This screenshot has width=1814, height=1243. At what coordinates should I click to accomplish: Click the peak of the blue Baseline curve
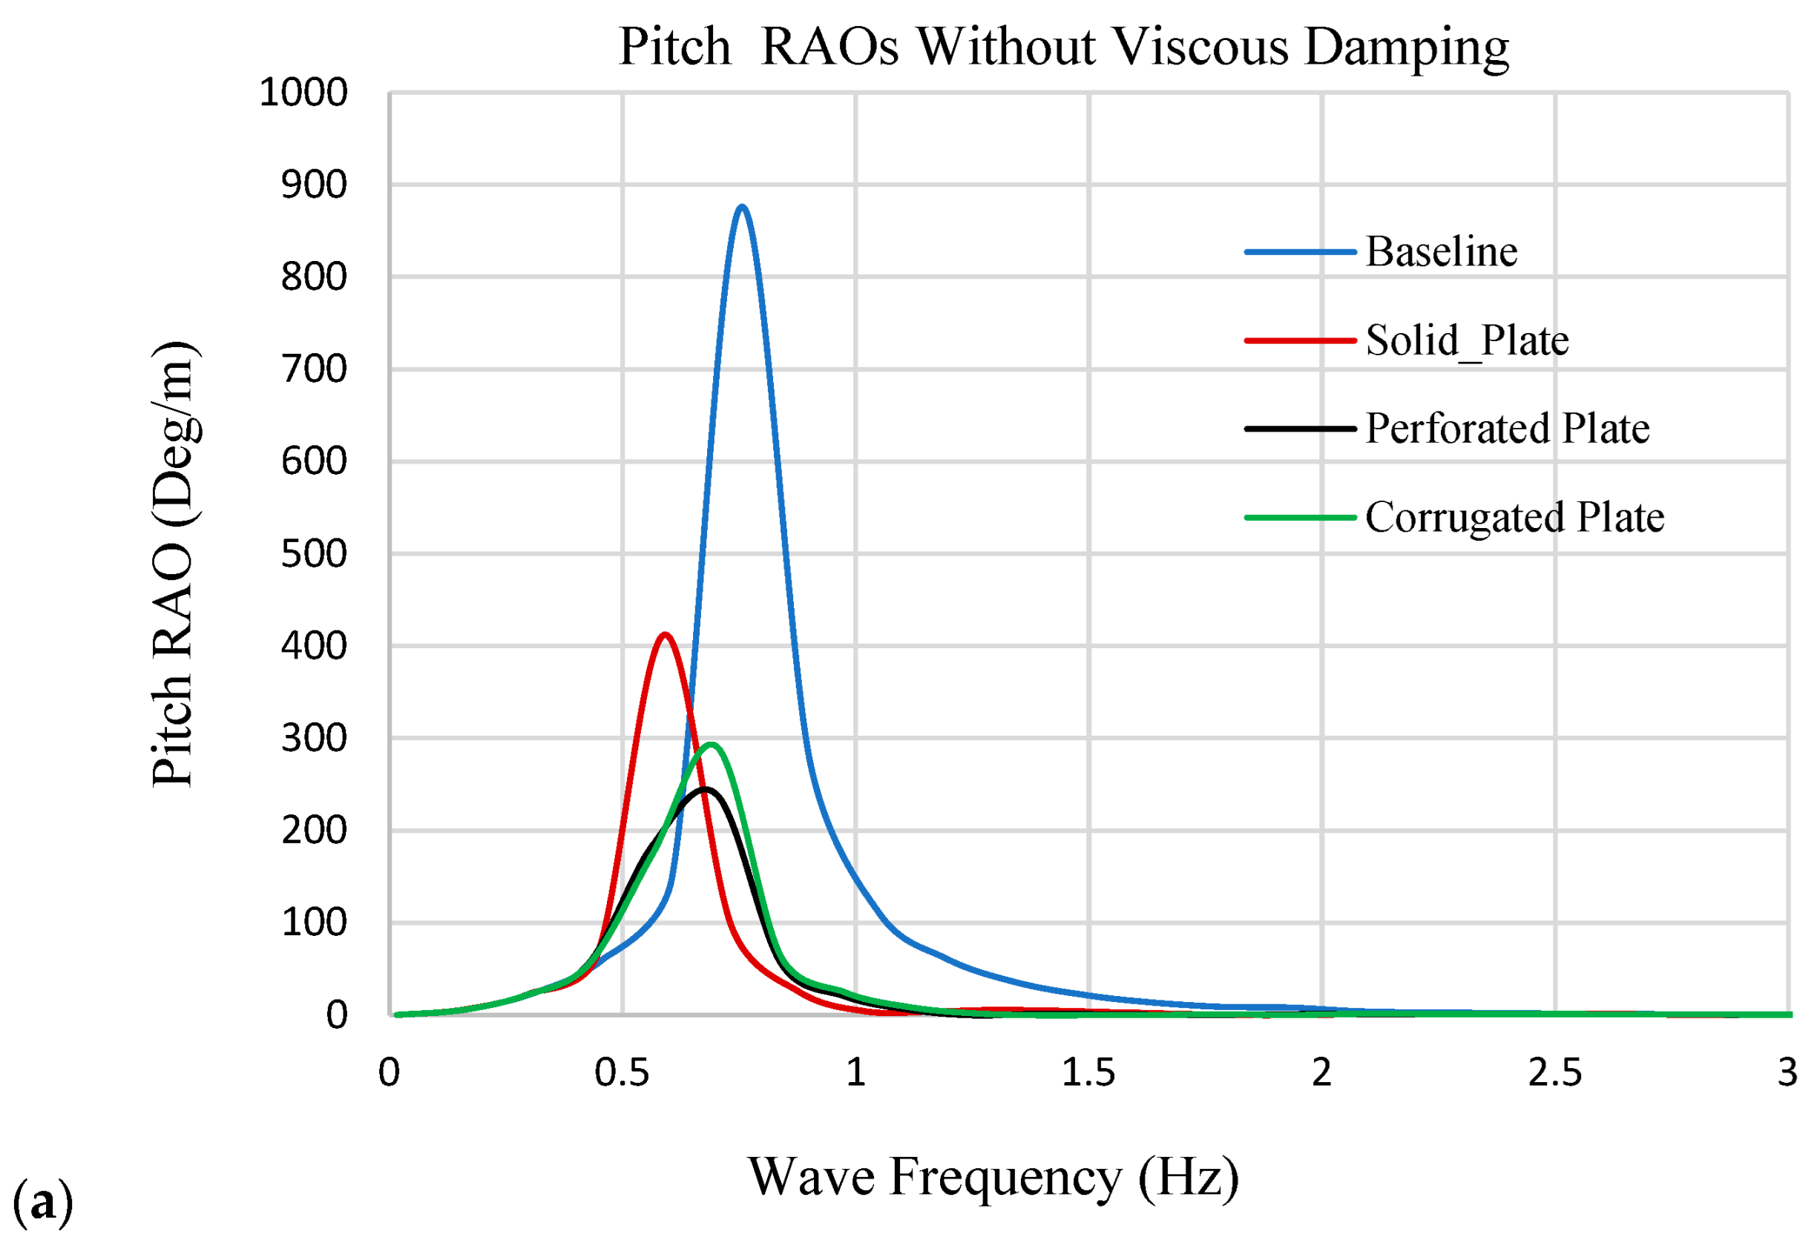[x=741, y=207]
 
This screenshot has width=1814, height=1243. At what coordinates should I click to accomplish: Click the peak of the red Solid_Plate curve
[x=664, y=634]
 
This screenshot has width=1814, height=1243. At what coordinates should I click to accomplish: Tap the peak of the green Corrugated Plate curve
[x=711, y=745]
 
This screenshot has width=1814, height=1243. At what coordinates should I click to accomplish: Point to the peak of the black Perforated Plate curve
[x=705, y=790]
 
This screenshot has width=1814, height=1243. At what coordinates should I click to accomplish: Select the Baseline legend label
[x=1441, y=252]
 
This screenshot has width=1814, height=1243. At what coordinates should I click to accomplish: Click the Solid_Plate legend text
[x=1467, y=340]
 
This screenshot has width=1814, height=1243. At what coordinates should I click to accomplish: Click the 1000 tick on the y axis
[x=303, y=93]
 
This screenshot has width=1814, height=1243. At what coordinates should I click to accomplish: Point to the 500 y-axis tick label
[x=314, y=554]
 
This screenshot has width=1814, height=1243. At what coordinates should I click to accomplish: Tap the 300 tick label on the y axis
[x=314, y=738]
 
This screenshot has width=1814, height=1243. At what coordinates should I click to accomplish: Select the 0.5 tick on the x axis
[x=622, y=1073]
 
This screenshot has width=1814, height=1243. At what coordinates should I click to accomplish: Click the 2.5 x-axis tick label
[x=1554, y=1073]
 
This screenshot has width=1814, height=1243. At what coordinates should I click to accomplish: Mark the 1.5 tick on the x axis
[x=1088, y=1073]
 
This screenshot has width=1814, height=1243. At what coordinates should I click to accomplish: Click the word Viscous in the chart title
[x=1200, y=47]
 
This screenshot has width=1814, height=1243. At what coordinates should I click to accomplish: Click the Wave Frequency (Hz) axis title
[x=993, y=1178]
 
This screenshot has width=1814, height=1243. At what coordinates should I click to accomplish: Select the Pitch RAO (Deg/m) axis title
[x=174, y=564]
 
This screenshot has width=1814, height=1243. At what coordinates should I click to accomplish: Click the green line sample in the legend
[x=1300, y=518]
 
